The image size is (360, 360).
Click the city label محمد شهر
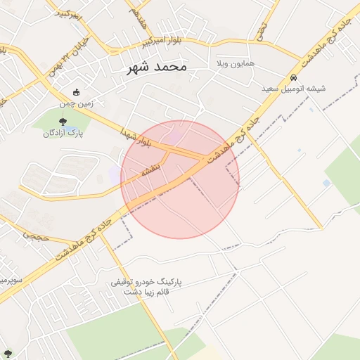coord(157,67)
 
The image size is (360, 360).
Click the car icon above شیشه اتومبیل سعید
coord(293,77)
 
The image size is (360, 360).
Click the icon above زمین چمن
coord(77,92)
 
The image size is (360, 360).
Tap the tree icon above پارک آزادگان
coord(63,122)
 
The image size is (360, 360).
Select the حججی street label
coord(35,238)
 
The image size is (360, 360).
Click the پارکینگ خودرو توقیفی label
coord(146,282)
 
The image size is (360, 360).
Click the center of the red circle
coord(180,179)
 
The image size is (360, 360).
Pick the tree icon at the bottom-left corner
coord(8,353)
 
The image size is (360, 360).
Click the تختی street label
coord(261,30)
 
